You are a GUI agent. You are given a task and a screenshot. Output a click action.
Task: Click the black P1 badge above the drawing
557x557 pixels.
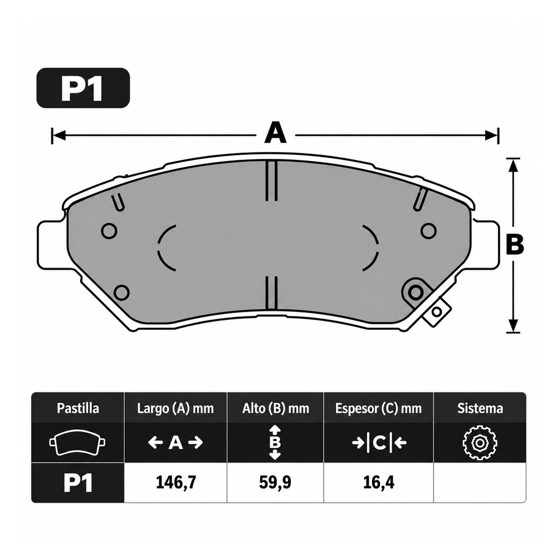pos(83,88)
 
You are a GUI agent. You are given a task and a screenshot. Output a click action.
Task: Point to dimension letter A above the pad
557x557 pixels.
pos(275,133)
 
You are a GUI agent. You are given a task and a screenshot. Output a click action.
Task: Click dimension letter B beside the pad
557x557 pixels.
pos(515,245)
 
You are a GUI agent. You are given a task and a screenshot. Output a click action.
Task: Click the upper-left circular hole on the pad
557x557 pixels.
pos(109,231)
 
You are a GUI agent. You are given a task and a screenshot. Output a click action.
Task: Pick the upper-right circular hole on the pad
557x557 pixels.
pos(428,231)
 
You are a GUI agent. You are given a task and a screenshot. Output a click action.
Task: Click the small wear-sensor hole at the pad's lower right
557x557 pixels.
pos(437,312)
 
